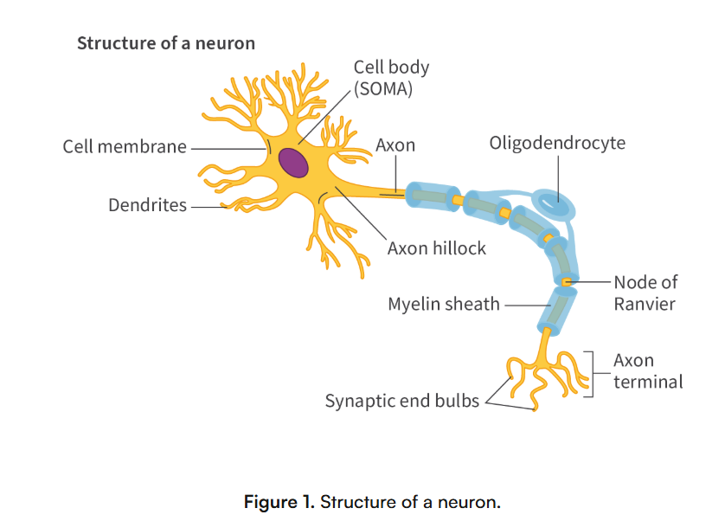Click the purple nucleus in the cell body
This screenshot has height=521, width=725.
coord(292,163)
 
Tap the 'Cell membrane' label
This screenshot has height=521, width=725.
coord(125,146)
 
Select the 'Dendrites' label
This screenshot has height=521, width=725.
coord(147,205)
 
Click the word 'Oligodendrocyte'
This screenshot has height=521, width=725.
coord(557,143)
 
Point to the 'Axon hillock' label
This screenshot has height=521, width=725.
coord(437,248)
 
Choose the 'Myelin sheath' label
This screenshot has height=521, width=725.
coord(444,305)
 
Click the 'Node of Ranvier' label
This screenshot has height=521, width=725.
coord(645,293)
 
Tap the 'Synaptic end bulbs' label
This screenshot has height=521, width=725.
coord(402,401)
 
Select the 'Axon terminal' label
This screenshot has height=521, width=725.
coord(648,370)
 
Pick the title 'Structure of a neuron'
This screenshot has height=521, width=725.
coord(166,42)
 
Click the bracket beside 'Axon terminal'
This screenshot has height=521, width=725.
coord(591,374)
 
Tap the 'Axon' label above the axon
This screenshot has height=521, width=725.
coord(395,145)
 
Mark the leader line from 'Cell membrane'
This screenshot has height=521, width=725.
coord(227,147)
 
